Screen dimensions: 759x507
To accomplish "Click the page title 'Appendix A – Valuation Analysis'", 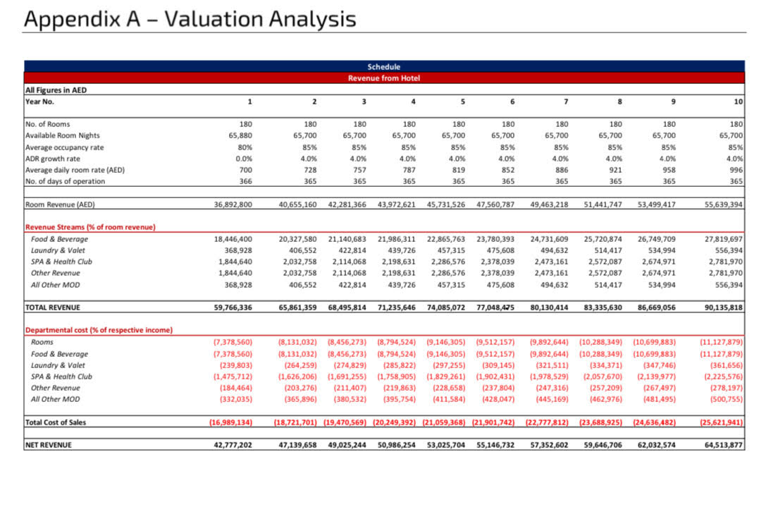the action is coord(190,19).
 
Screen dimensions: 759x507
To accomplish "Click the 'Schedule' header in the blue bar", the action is coord(383,67).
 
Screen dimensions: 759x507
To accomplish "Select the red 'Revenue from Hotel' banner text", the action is coord(384,78).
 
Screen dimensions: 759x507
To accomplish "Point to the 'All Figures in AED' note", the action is coord(56,90).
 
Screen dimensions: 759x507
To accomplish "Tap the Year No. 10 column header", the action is coord(738,102).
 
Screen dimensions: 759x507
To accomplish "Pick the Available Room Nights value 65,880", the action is coord(240,135).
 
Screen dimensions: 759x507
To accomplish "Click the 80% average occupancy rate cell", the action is coord(245,147).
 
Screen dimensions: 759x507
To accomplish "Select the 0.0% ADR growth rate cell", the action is coord(244,159).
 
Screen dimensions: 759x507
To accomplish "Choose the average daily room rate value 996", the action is coord(736,170).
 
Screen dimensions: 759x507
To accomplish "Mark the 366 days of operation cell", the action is coord(245,181).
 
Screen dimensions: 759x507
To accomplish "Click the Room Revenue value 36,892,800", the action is coord(233,204).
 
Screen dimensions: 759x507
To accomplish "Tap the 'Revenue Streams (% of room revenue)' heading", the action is coord(90,227).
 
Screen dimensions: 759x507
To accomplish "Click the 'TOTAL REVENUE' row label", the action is coord(53,307).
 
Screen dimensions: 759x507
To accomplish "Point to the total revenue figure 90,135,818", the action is coord(724,307).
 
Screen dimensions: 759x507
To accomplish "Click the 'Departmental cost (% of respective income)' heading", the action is coord(99,330).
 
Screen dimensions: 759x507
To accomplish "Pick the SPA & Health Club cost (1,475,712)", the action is coord(233,377).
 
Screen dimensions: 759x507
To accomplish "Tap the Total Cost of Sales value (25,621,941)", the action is coord(721,422).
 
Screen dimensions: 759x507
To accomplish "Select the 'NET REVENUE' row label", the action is coord(49,445).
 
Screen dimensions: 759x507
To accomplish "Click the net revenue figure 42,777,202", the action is coord(233,445).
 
